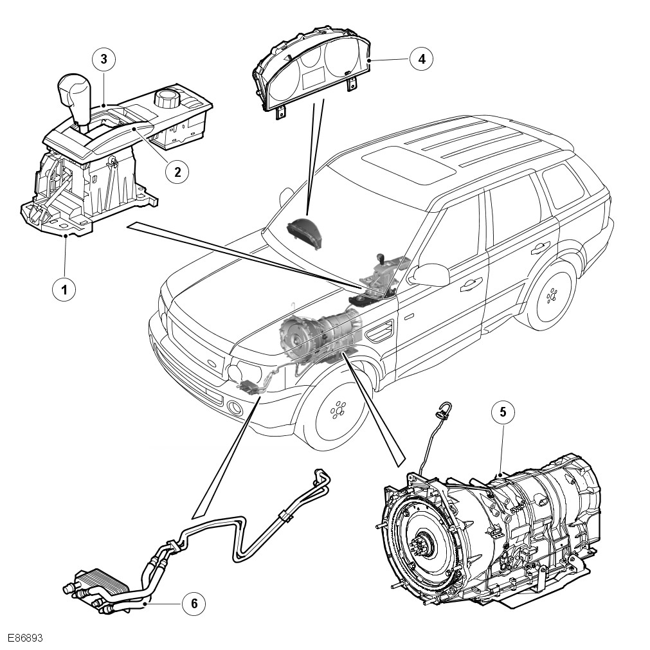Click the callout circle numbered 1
point(64,289)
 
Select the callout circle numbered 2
point(177,171)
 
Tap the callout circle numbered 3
point(104,60)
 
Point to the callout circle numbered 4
point(421,59)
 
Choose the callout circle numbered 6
point(194,603)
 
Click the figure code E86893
point(25,638)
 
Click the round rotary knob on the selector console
point(166,100)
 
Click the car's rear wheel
point(550,297)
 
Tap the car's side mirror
point(431,275)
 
